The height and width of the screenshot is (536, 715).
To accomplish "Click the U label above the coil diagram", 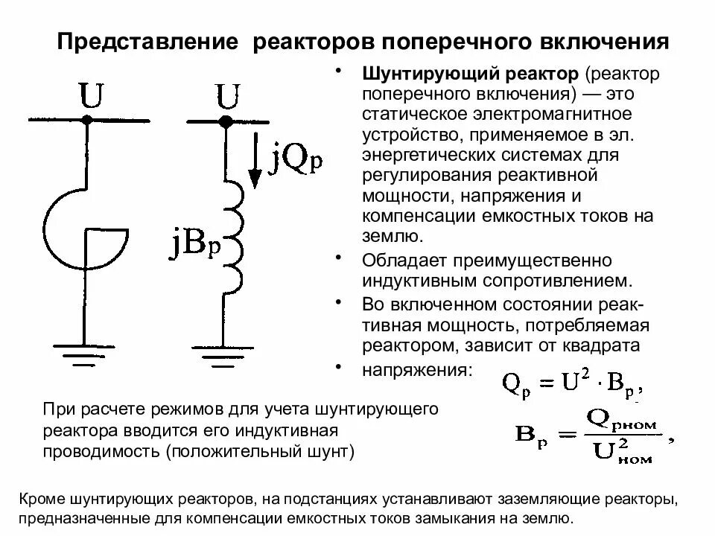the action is coord(227,96).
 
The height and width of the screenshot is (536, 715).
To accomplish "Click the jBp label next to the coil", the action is coord(196,244).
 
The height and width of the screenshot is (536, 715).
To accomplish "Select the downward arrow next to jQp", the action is coord(254,160).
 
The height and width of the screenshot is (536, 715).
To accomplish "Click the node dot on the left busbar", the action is coord(87,119).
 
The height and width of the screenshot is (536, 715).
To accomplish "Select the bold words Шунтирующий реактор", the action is coord(470,75).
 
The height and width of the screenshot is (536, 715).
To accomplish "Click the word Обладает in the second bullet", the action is coord(399,261).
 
